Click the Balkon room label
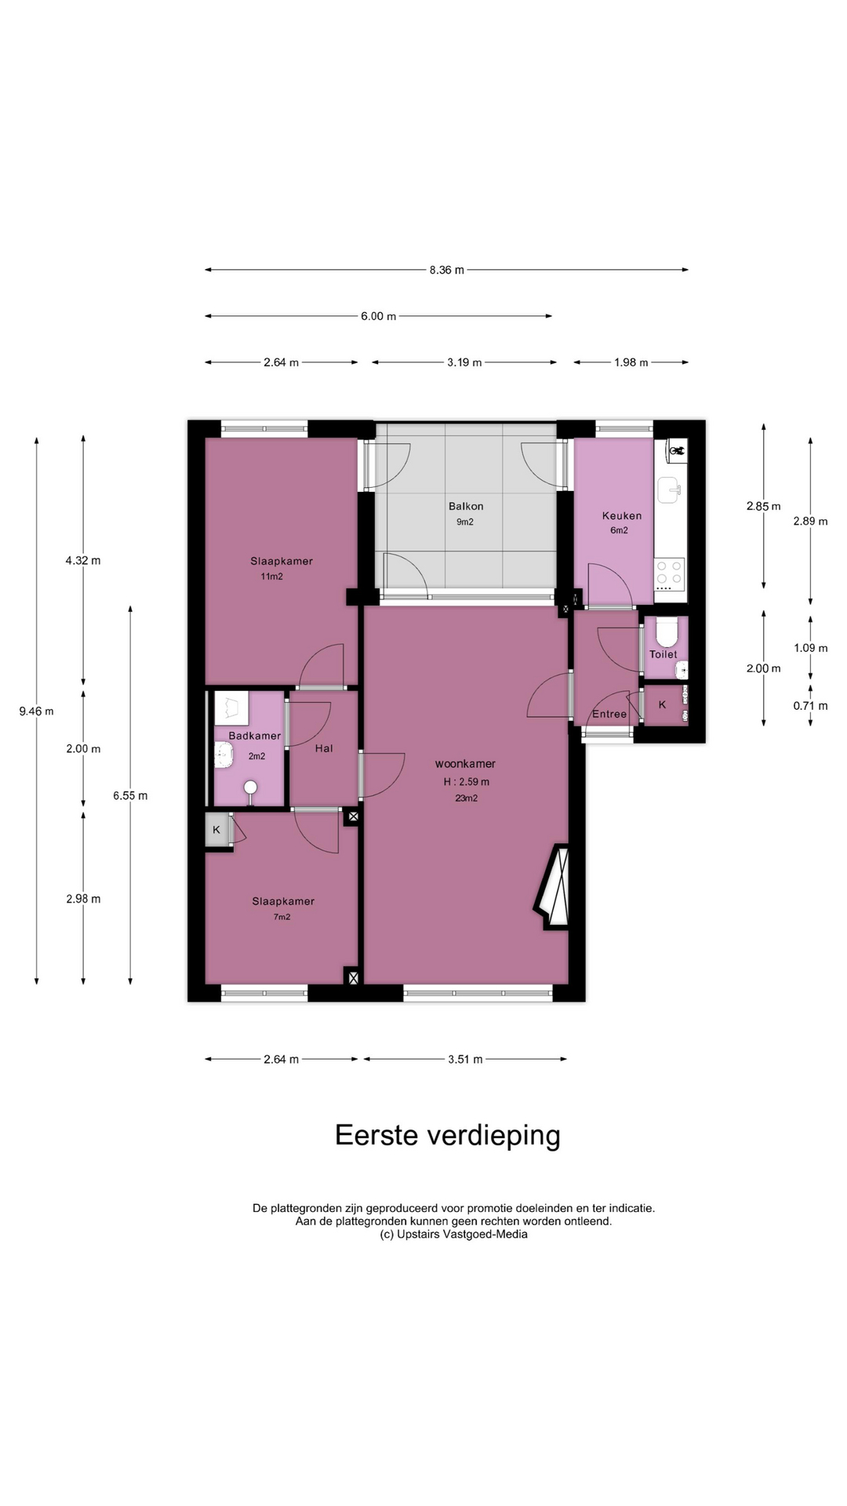click(x=466, y=506)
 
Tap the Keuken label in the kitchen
click(x=622, y=515)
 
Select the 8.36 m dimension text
click(x=446, y=270)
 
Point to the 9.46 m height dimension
click(x=36, y=711)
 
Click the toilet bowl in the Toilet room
click(x=667, y=631)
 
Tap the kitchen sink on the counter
click(x=670, y=489)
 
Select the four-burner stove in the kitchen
click(x=670, y=575)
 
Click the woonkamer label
click(x=466, y=763)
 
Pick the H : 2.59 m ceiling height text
click(x=466, y=781)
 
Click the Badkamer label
click(x=254, y=736)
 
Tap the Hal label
click(x=324, y=748)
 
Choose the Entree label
click(x=609, y=714)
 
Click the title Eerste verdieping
click(x=448, y=1135)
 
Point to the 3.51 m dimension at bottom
click(x=465, y=1059)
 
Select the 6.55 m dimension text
click(x=130, y=795)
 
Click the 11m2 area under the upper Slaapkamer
click(x=272, y=577)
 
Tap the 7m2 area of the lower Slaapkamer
click(x=282, y=916)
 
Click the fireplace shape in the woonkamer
click(x=554, y=886)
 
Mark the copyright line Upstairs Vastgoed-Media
click(x=453, y=1234)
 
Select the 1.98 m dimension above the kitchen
click(x=631, y=362)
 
